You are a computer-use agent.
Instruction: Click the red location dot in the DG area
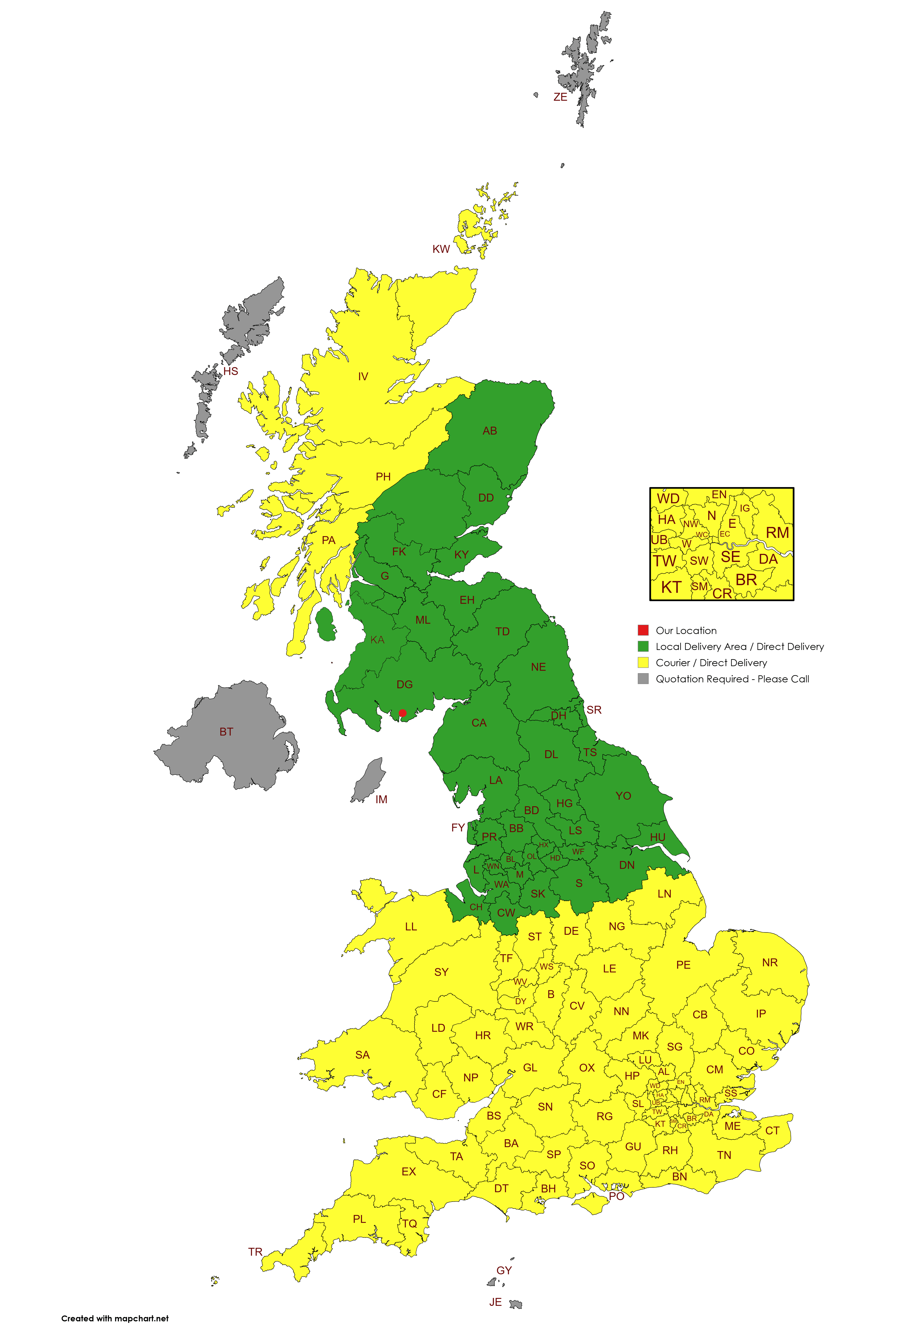(x=402, y=713)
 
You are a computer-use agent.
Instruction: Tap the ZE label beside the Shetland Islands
(x=560, y=97)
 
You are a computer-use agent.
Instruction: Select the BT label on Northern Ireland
(x=226, y=732)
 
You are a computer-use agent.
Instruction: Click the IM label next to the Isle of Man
(x=381, y=799)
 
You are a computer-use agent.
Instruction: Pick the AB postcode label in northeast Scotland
(x=490, y=431)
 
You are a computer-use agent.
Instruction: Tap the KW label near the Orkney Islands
(x=441, y=249)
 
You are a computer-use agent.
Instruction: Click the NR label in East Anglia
(x=770, y=963)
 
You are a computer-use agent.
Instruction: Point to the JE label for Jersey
(x=495, y=1302)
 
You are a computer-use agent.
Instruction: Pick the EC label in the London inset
(x=725, y=534)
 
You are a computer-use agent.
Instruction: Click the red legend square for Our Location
(x=643, y=630)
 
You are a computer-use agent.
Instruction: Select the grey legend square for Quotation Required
(x=643, y=679)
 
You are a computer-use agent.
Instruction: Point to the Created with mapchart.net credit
(x=115, y=1318)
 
